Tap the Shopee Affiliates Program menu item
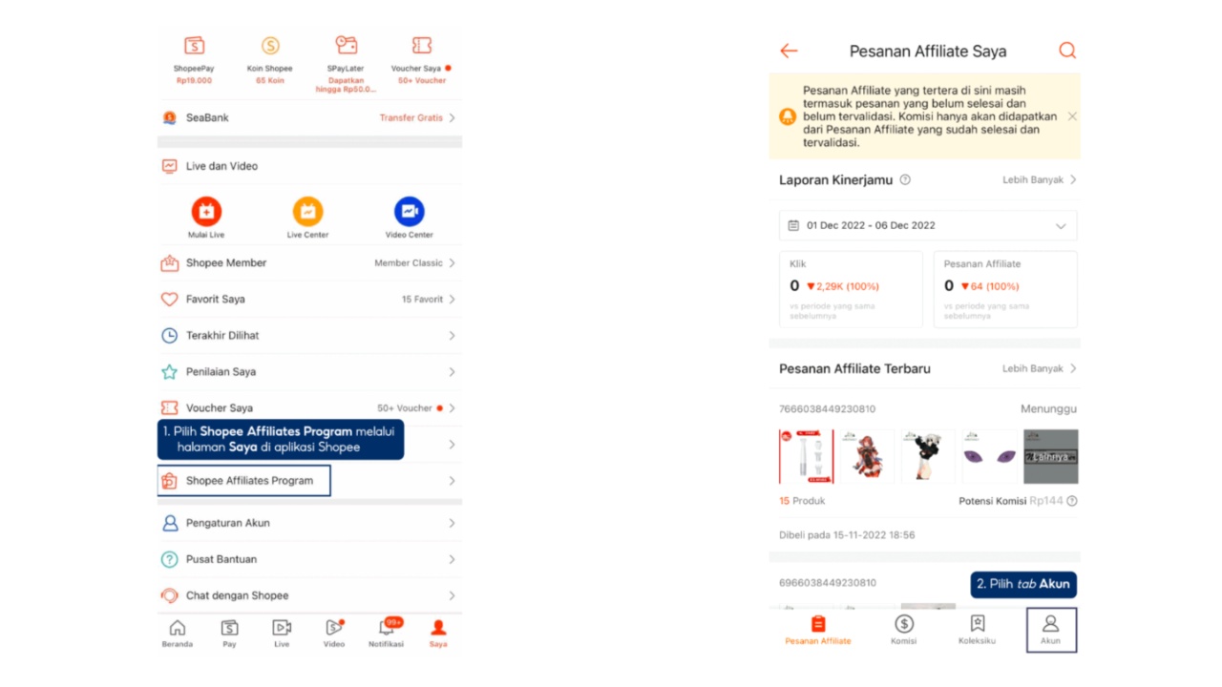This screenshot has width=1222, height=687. point(248,481)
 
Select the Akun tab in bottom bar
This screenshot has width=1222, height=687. point(1050,630)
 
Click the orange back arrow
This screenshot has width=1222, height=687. point(789,52)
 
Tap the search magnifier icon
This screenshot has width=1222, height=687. point(1066,52)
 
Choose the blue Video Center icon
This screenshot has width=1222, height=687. point(409,212)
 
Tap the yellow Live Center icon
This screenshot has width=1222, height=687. point(307,212)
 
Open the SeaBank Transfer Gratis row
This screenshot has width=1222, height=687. point(308,118)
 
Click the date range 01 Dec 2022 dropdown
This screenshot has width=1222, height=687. point(927,226)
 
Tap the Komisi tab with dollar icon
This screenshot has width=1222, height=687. point(903,630)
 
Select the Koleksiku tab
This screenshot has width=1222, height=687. point(977,630)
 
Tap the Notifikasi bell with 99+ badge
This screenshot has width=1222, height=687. point(387,630)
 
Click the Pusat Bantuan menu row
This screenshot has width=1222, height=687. point(308,559)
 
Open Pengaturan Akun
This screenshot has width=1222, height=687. point(308,523)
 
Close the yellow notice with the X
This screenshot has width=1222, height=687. point(1072,116)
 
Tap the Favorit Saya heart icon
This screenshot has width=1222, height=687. point(170,300)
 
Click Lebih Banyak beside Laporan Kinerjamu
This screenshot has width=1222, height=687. point(1039,180)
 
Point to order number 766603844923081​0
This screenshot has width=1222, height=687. point(827,409)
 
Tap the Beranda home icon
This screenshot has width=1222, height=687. point(177,630)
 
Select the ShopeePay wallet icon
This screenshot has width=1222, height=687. point(194,47)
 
